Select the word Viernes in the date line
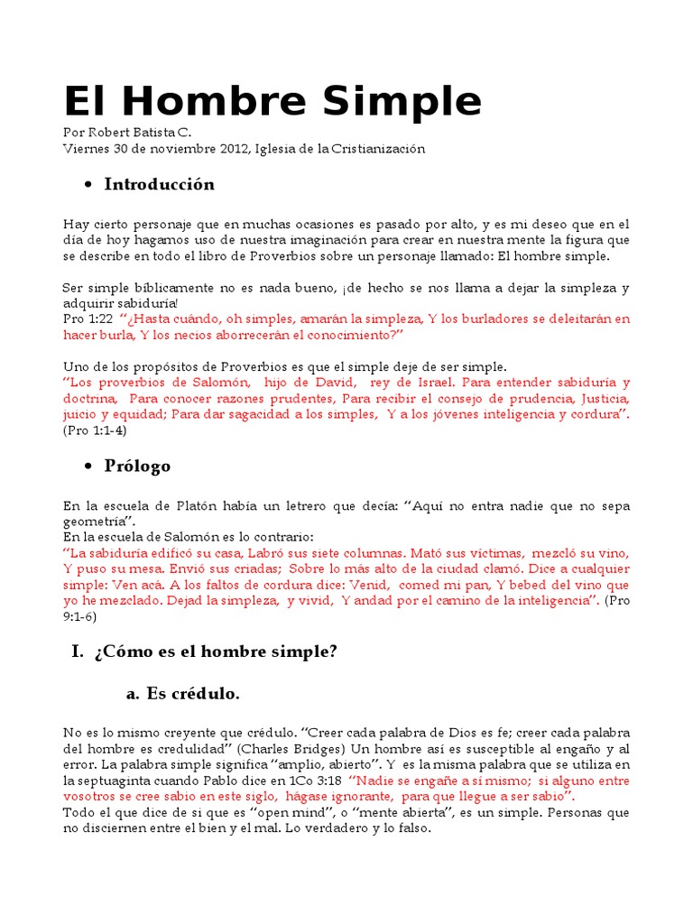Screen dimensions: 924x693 click(86, 148)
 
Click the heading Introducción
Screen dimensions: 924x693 click(160, 185)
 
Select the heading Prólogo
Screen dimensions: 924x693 click(137, 467)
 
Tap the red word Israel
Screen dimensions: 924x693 click(415, 383)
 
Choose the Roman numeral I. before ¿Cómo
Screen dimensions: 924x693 click(77, 651)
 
